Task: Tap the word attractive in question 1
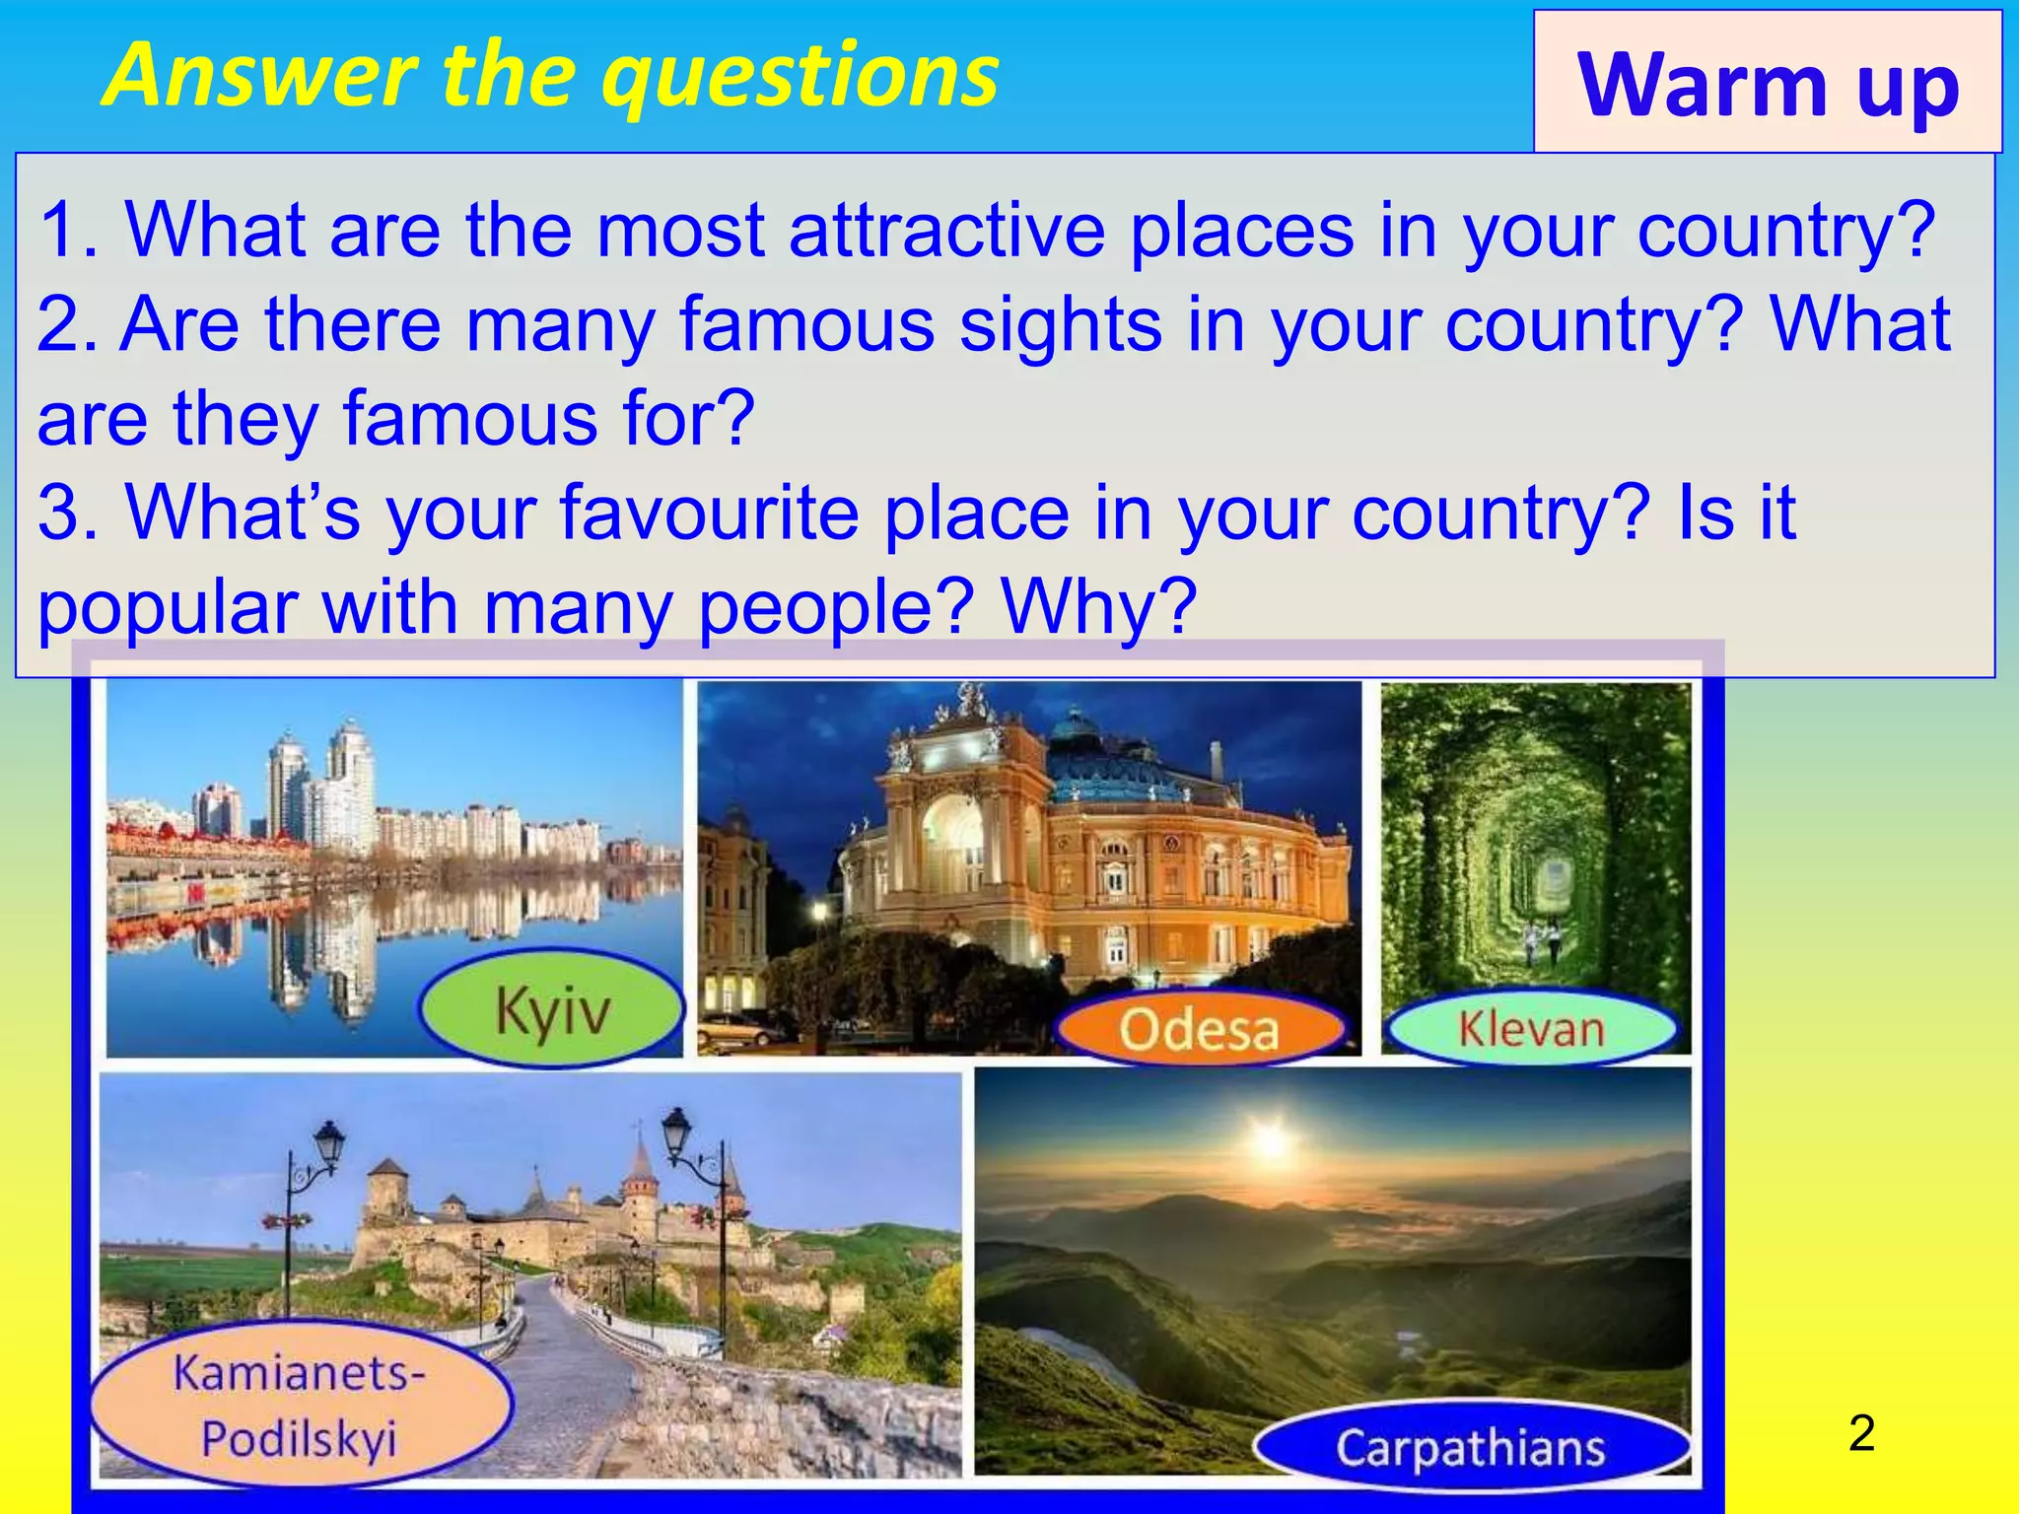(x=946, y=230)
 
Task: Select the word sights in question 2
(x=1060, y=324)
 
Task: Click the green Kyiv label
(x=552, y=1009)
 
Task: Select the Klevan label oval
(x=1531, y=1029)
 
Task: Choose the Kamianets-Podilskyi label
(x=300, y=1405)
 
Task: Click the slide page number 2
(x=1861, y=1433)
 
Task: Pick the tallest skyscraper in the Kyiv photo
(x=350, y=779)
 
